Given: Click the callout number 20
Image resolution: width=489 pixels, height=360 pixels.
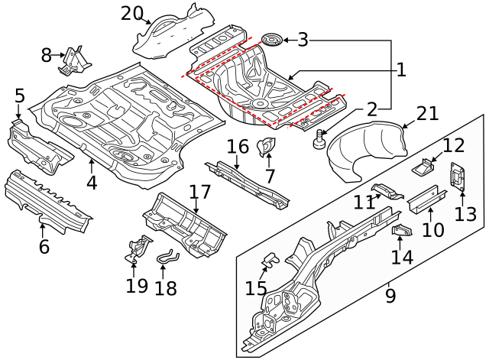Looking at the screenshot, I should click(131, 13).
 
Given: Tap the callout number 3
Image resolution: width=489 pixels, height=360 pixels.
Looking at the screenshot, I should click(303, 40).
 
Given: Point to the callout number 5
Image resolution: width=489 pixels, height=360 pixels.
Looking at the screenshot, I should click(19, 96).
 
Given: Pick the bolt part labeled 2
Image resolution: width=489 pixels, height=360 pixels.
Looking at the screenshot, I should click(319, 140).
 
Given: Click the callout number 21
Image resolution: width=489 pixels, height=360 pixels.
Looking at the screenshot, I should click(428, 114).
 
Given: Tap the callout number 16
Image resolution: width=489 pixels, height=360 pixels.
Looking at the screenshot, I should click(238, 146).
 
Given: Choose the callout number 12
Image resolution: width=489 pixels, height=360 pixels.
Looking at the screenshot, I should click(453, 145).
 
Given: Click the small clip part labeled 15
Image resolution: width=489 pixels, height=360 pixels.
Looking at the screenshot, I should click(268, 261).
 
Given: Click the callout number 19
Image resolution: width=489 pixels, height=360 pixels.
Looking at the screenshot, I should click(137, 286).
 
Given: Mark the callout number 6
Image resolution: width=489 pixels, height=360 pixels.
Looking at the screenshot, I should click(44, 246).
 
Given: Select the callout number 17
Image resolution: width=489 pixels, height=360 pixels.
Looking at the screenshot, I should click(199, 192).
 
